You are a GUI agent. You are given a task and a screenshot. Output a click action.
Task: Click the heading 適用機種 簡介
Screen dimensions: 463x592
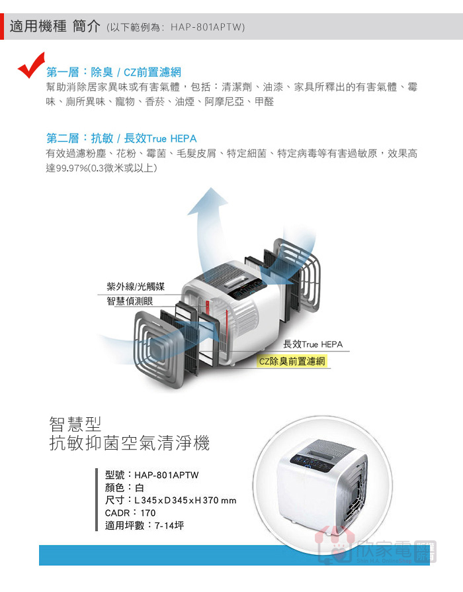coord(55,26)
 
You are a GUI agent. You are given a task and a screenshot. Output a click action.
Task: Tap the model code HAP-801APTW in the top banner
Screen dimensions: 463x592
coord(208,27)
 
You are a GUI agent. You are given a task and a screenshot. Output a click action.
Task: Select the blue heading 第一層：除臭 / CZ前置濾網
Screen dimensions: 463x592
coord(114,72)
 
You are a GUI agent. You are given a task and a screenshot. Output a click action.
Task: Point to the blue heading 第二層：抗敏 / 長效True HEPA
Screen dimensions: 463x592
coord(122,138)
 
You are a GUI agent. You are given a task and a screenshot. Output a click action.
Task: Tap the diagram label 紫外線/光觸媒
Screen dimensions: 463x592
coord(136,287)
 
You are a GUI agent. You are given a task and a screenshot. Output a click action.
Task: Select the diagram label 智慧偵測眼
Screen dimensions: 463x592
coord(130,301)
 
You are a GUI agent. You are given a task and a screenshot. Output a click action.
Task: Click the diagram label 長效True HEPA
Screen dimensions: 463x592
coord(313,344)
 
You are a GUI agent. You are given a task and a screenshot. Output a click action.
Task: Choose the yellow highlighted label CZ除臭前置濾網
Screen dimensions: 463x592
coord(292,362)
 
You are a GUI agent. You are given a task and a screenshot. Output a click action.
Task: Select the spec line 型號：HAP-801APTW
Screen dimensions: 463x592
coord(151,475)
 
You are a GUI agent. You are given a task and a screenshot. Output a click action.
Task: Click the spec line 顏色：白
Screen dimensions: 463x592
coord(124,487)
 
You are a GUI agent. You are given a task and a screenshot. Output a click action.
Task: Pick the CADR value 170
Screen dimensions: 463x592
coord(147,513)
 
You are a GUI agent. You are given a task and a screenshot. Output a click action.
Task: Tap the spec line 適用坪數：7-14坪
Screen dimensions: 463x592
coord(144,525)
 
